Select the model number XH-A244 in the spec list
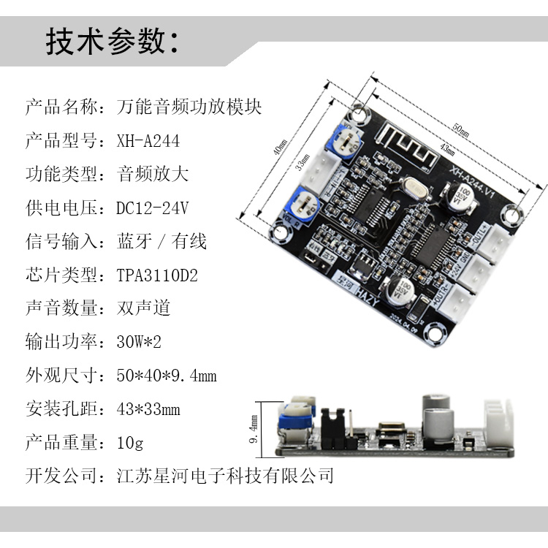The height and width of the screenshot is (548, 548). (148, 140)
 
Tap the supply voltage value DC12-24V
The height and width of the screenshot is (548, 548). (153, 208)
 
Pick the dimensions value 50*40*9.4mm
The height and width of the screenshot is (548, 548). (167, 376)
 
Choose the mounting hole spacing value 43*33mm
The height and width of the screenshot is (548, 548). (148, 409)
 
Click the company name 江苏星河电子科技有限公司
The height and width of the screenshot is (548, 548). (225, 476)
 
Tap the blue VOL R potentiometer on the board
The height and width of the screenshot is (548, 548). (302, 202)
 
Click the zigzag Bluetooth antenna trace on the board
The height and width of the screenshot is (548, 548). (409, 147)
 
